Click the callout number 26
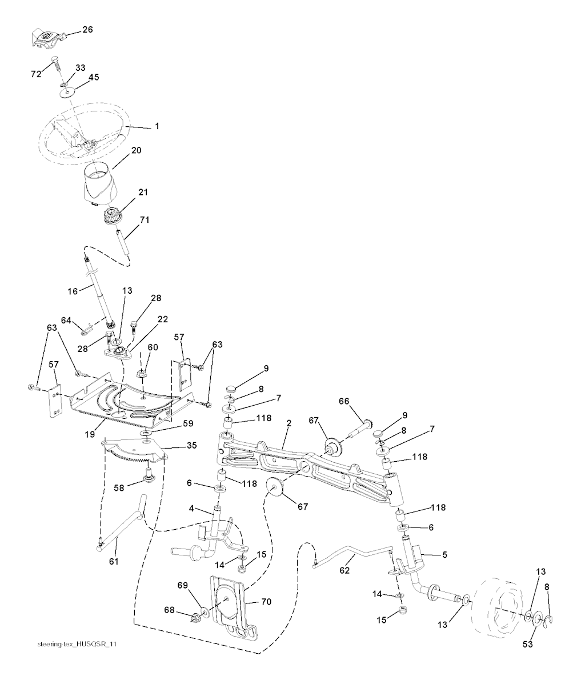[x=87, y=29]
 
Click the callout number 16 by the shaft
[x=72, y=291]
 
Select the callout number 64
[x=66, y=321]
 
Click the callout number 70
[x=266, y=601]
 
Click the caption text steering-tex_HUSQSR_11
[x=78, y=643]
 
